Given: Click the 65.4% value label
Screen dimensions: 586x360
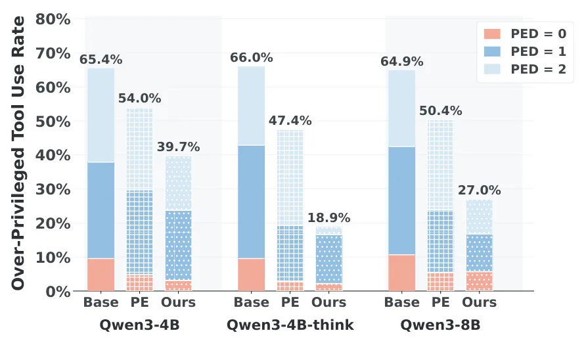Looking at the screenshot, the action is point(101,59).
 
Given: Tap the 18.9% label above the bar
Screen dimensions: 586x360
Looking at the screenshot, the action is point(329,217).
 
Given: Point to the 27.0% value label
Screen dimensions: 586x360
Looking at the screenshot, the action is point(480,190).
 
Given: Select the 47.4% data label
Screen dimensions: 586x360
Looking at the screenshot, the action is point(290,120).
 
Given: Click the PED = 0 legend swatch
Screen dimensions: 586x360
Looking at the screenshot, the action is point(492,34).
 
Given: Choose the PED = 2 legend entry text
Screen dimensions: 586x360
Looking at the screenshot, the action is point(539,69).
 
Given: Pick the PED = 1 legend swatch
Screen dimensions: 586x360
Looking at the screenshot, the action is point(492,52).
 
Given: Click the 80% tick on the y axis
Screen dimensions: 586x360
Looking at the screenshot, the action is point(53,19).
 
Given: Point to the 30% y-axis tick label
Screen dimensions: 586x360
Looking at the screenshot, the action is point(53,189).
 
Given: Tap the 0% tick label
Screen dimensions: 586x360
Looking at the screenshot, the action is point(58,292).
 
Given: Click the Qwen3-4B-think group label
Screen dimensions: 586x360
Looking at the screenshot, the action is point(290,325).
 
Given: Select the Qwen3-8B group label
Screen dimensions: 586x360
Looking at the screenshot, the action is point(441,325).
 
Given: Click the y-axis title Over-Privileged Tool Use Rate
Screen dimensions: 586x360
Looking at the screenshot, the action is point(18,153).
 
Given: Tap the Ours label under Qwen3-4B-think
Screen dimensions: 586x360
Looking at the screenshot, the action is point(329,302).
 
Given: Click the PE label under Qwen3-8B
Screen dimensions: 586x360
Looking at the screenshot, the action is point(441,302).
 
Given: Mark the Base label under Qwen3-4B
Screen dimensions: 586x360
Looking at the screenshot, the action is point(101,302).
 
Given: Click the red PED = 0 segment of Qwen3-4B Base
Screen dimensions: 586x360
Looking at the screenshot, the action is point(101,275).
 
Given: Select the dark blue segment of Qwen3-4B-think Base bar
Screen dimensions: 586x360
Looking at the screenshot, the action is point(252,202).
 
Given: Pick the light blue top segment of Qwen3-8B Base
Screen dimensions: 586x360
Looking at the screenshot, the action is point(402,108).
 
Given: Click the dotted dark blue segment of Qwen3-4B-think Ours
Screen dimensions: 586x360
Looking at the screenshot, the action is point(329,259).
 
